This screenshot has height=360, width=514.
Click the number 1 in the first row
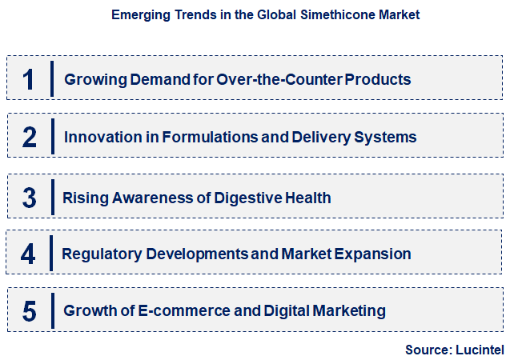(x=29, y=80)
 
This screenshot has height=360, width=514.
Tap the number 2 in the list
(x=30, y=138)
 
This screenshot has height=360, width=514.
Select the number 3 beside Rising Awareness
(x=30, y=197)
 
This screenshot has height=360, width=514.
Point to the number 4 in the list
(x=29, y=254)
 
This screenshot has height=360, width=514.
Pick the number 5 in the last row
(x=30, y=311)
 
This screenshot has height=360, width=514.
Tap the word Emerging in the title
(x=139, y=15)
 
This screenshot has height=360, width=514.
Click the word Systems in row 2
(x=388, y=138)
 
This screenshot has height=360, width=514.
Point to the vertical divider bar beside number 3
(x=51, y=197)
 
